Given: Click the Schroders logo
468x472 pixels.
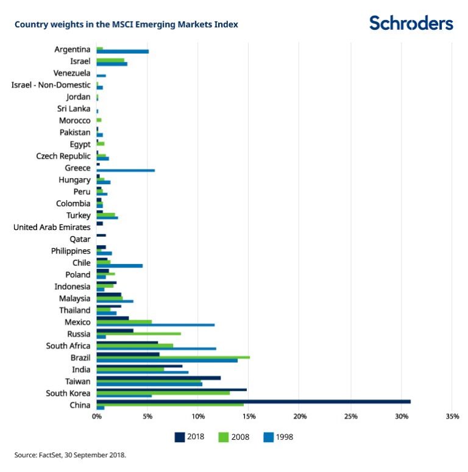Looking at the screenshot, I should [411, 23].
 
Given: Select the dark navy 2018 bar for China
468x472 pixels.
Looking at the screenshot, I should [253, 401].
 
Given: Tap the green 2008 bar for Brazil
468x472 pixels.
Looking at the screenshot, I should [173, 357].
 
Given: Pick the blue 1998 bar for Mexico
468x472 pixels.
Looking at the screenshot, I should [155, 325].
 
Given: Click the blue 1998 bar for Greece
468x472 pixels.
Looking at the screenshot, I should [126, 171].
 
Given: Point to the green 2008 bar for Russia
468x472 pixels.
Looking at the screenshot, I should [138, 334].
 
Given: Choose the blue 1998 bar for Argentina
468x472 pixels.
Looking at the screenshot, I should [122, 52].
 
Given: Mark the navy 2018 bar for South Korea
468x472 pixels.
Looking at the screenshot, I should [171, 389].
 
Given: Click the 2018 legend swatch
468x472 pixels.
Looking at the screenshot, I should [179, 437].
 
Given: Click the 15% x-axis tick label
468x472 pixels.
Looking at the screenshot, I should [249, 417].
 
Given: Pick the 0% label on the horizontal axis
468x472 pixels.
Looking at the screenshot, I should [97, 417].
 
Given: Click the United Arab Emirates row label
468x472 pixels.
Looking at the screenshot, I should [52, 227].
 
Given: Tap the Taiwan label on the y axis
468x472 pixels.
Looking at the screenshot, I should [77, 381].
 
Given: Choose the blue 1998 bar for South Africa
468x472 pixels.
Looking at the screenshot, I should [156, 349].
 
